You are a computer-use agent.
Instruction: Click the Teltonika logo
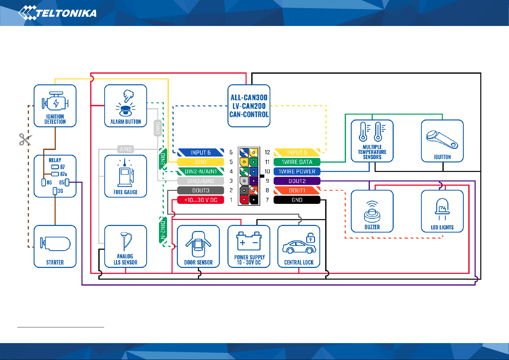(57, 13)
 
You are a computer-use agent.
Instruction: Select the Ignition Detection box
(55, 106)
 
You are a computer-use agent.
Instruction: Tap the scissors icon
(25, 139)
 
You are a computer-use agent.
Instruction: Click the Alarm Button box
(126, 106)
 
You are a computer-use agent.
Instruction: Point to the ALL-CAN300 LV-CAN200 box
(249, 106)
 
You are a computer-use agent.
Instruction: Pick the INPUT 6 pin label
(201, 153)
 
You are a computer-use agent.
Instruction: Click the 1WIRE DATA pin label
(297, 162)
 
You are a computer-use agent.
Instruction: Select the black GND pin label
(297, 200)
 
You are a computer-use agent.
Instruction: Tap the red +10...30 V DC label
(201, 200)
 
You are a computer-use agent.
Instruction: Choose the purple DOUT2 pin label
(297, 181)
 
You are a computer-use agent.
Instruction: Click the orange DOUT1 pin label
(297, 191)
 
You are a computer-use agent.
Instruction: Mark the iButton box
(442, 141)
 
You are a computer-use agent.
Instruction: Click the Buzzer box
(372, 211)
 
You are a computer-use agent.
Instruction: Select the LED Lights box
(442, 211)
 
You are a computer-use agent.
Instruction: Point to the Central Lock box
(299, 246)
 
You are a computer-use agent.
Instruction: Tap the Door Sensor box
(198, 246)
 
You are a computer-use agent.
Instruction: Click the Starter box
(55, 246)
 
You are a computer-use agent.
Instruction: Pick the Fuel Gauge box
(126, 176)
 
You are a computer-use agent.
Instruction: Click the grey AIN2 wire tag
(126, 149)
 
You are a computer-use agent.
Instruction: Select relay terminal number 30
(55, 191)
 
